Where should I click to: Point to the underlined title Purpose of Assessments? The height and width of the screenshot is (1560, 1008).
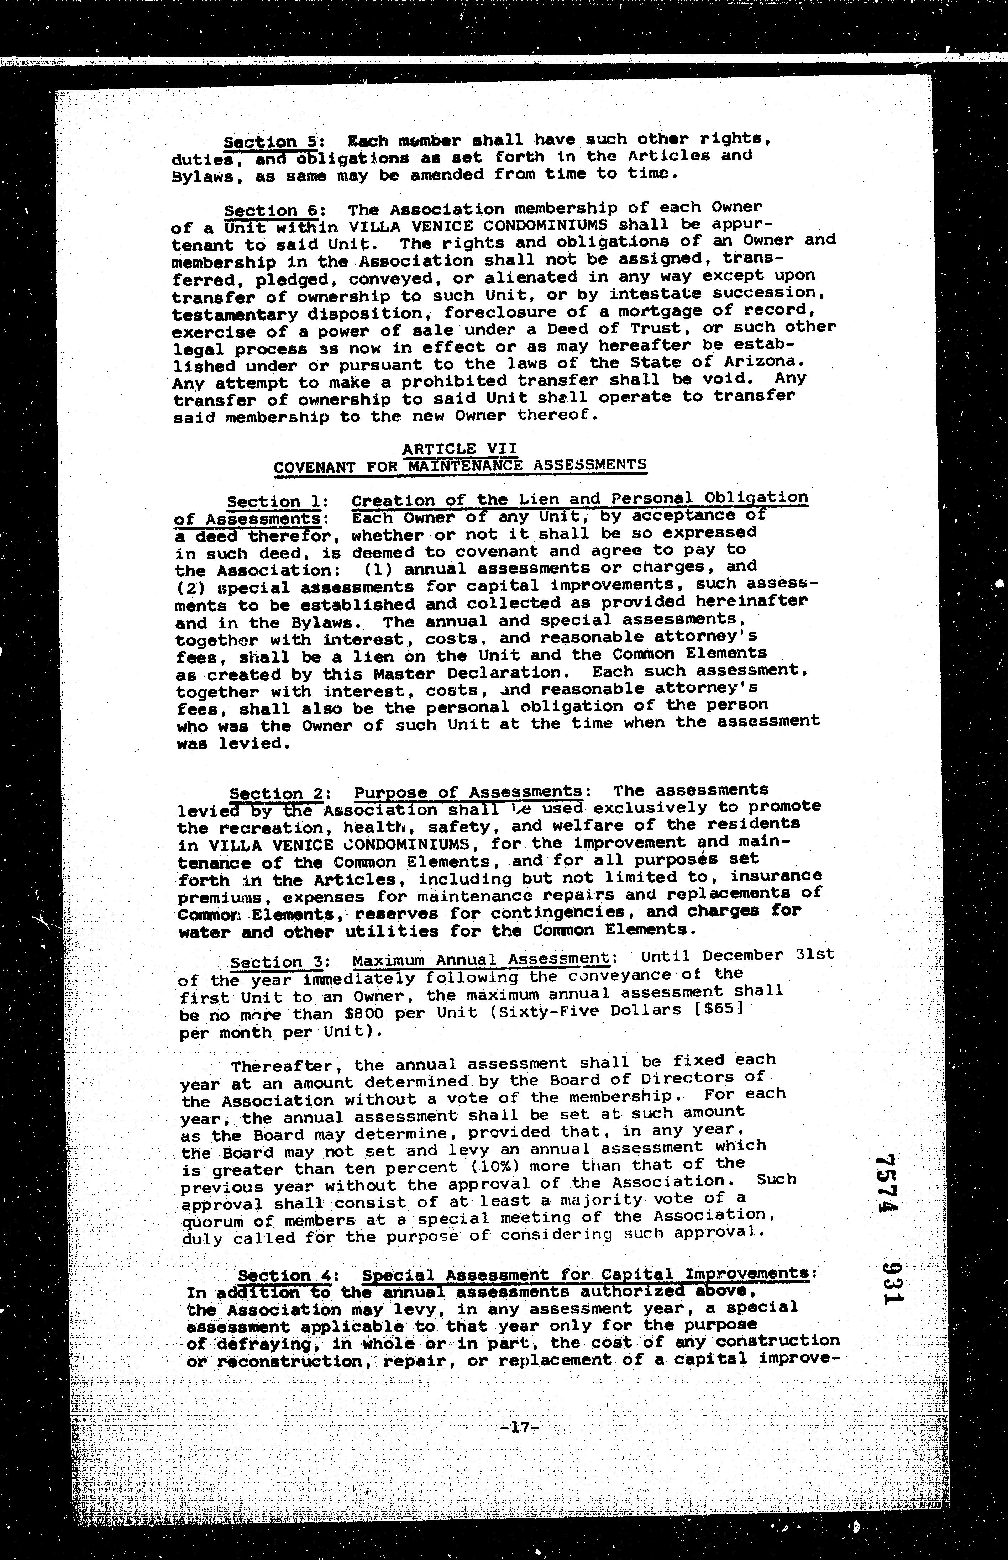point(468,792)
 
